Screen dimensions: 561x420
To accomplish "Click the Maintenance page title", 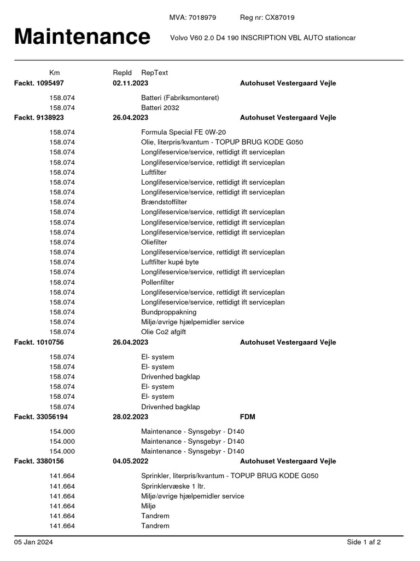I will [82, 37].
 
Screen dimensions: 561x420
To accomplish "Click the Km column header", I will [55, 72].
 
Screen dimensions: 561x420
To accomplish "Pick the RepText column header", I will [155, 72].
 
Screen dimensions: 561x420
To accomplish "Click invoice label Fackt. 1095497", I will [39, 83].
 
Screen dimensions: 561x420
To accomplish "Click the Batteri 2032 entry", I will [160, 108].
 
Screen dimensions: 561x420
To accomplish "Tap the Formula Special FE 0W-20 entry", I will [183, 132].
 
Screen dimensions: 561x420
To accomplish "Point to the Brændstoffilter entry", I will [164, 202].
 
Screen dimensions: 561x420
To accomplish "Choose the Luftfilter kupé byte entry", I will [170, 262].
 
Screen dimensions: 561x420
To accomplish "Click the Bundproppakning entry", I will [169, 312].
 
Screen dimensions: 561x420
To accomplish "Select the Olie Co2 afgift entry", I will [167, 332].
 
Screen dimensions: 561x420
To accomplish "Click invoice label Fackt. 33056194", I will [41, 417].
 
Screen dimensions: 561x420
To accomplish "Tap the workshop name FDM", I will [248, 417].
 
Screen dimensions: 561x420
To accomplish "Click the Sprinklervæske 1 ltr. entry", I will [173, 486].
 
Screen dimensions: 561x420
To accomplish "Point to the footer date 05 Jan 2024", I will [34, 542].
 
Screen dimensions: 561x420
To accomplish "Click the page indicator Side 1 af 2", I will [364, 542].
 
